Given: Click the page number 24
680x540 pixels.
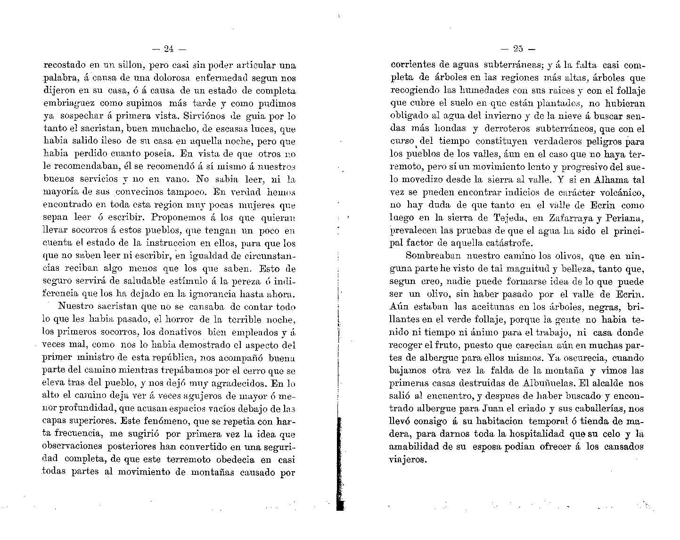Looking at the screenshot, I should [169, 48].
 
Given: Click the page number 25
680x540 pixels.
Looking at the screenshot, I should [518, 48].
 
